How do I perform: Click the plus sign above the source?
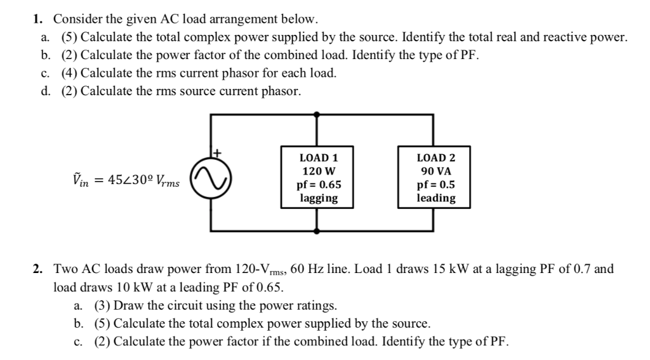[216, 152]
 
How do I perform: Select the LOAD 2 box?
[435, 177]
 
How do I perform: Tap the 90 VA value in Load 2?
[435, 171]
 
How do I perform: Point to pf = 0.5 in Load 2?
[435, 185]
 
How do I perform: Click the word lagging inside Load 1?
[318, 198]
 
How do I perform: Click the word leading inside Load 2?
[435, 198]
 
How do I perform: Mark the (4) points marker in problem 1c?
[69, 73]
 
